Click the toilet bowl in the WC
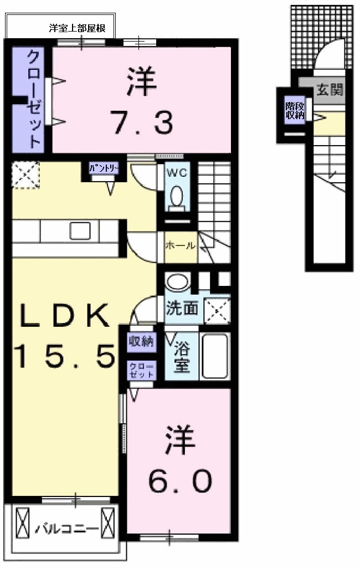click(177, 196)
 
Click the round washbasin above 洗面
click(177, 282)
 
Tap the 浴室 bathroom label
click(181, 357)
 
